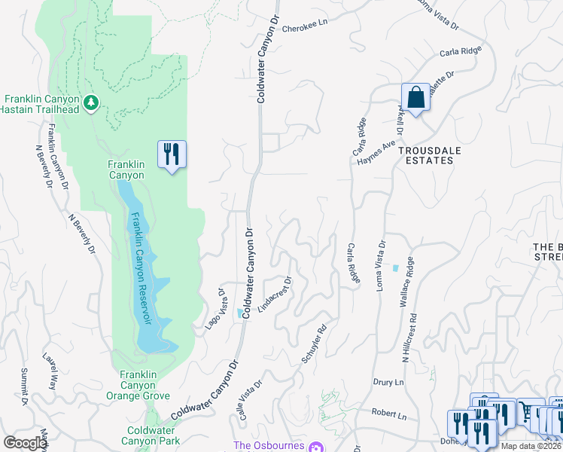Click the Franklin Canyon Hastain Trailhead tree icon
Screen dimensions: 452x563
[91, 102]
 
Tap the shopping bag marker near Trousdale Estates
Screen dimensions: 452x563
[415, 97]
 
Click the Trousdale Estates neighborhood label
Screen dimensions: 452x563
[430, 155]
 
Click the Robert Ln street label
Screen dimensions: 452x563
[388, 415]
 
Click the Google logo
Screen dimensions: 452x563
[25, 442]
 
